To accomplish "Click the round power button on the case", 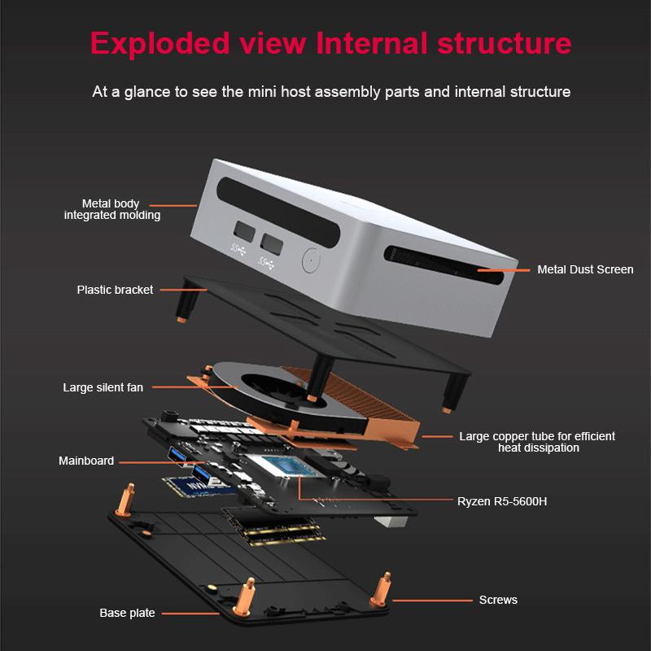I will pyautogui.click(x=309, y=260).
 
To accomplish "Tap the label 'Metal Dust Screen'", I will pyautogui.click(x=585, y=269).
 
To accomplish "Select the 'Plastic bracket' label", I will pyautogui.click(x=115, y=290).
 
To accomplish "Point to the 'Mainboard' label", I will pyautogui.click(x=86, y=461).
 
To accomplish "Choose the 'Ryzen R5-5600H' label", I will pyautogui.click(x=502, y=501).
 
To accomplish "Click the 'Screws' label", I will pyautogui.click(x=498, y=600).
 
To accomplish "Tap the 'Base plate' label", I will pyautogui.click(x=127, y=613).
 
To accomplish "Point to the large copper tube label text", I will pyautogui.click(x=537, y=442).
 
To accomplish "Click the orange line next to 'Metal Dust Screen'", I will pyautogui.click(x=498, y=269).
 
